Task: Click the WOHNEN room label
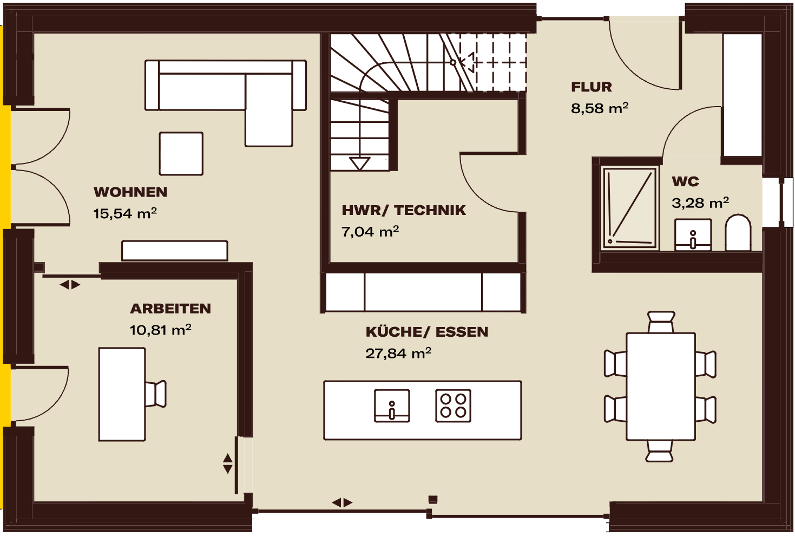(130, 192)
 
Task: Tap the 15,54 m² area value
(125, 213)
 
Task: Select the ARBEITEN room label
(170, 309)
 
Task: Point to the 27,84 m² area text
(398, 353)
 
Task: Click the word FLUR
(592, 87)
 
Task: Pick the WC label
(685, 182)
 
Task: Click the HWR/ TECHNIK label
(404, 210)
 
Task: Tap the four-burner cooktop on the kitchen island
(453, 406)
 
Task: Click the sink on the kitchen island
(392, 406)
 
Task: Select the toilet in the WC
(738, 232)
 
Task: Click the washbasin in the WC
(693, 235)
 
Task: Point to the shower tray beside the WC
(630, 207)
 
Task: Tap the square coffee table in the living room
(181, 154)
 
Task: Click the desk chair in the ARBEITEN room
(155, 394)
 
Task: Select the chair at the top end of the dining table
(661, 322)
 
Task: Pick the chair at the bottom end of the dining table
(659, 451)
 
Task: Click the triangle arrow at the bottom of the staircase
(359, 164)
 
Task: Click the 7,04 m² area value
(370, 231)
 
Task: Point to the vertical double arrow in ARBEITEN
(227, 463)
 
